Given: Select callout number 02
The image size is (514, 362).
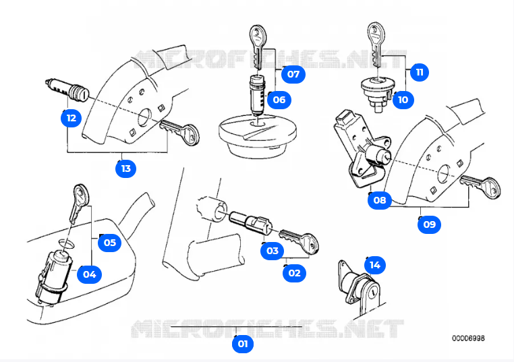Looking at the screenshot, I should (x=294, y=273).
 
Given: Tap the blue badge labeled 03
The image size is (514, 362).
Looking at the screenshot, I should (x=272, y=251).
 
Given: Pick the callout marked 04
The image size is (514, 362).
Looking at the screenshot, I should (x=90, y=274).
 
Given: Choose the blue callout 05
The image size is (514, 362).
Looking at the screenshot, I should (x=109, y=243).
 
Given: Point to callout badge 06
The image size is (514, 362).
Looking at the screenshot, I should (x=278, y=100).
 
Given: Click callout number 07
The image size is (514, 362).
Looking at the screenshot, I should (x=293, y=74).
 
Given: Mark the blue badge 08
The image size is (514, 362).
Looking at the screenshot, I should (x=380, y=200).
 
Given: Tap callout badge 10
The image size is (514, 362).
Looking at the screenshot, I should (x=403, y=100).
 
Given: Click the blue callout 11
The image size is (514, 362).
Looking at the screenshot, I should (x=420, y=72).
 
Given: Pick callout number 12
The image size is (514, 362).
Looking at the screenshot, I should (x=71, y=118).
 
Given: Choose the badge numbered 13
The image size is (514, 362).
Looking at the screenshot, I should (x=125, y=169).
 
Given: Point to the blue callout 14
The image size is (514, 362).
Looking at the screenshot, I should (x=375, y=265).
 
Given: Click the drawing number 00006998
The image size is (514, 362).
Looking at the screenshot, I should (x=468, y=338).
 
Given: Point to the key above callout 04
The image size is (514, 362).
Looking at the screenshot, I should (x=78, y=202).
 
